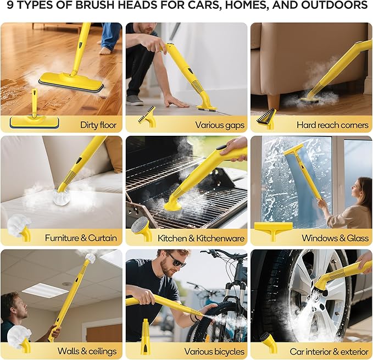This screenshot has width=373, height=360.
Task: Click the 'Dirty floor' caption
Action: (x=98, y=125)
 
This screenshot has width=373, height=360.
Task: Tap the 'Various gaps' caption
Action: (x=220, y=125)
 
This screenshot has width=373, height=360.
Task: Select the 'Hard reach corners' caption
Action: (x=332, y=125)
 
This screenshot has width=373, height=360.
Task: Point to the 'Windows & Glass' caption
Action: (x=335, y=238)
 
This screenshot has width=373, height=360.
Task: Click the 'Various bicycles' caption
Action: (x=214, y=351)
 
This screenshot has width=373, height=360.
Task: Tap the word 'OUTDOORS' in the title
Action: (x=335, y=5)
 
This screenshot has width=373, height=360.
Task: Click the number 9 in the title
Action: (x=10, y=5)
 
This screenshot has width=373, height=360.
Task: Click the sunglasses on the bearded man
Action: (x=177, y=261)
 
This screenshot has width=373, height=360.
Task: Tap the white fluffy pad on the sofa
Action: (x=62, y=198)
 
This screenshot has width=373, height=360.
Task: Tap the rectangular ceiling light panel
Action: (x=46, y=291)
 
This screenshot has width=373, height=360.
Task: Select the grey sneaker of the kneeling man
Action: (x=135, y=101)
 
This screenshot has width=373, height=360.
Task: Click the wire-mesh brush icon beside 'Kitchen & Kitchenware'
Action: (x=142, y=229)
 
